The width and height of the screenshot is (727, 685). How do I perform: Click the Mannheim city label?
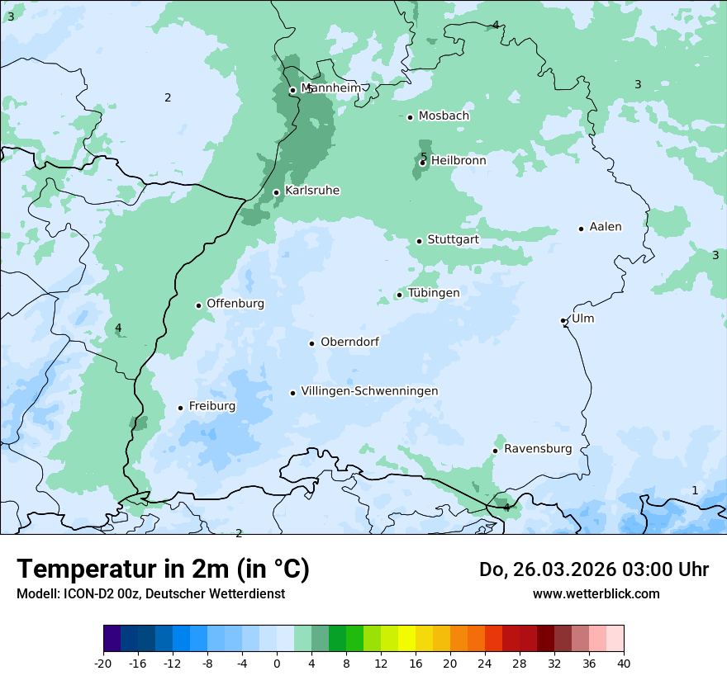[x=331, y=87]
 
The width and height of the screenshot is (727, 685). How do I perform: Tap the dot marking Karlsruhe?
[x=277, y=192]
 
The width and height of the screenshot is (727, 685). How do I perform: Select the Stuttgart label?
[x=453, y=240]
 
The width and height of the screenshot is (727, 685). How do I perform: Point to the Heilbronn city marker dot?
[x=422, y=163]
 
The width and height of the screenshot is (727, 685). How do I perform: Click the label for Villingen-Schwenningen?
[x=369, y=391]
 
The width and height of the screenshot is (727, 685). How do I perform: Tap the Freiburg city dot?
[x=180, y=408]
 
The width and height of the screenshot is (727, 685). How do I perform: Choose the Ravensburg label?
[x=538, y=449]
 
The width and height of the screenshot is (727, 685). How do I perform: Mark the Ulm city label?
[x=582, y=319]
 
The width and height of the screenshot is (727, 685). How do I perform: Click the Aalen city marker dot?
[x=581, y=229]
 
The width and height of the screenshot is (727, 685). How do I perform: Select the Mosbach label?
[x=444, y=116]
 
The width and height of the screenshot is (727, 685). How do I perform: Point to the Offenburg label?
[x=235, y=304]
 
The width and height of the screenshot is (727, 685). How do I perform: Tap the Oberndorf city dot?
[x=311, y=343]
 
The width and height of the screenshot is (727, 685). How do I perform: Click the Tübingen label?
[x=434, y=293]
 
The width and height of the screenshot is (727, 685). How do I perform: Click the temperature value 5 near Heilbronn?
[x=424, y=157]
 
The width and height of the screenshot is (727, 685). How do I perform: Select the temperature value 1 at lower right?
[x=695, y=490]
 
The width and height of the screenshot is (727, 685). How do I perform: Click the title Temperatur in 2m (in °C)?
[x=163, y=569]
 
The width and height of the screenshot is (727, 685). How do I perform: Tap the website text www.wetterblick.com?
[x=596, y=593]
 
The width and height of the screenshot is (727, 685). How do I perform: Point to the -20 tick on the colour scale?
[x=103, y=663]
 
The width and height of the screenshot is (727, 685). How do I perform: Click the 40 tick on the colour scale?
[x=624, y=663]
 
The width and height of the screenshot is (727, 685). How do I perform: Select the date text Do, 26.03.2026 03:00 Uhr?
[x=594, y=569]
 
